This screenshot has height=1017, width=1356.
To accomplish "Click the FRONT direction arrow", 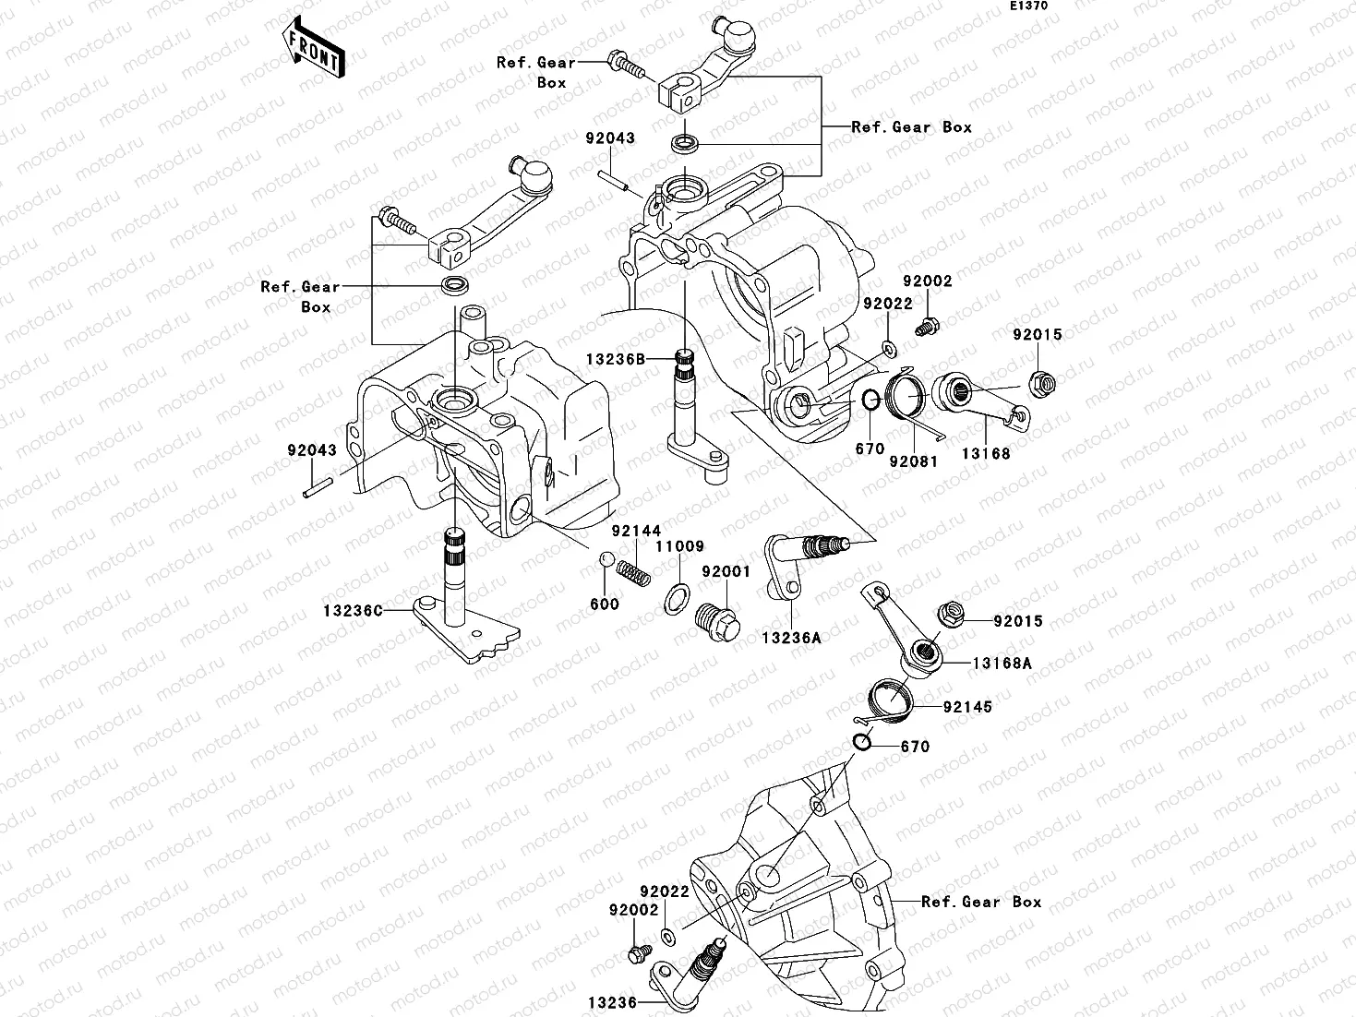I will pyautogui.click(x=314, y=52).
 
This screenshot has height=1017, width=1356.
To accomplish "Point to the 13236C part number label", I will pyautogui.click(x=353, y=611).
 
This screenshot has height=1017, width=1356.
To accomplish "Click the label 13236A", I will pyautogui.click(x=792, y=638).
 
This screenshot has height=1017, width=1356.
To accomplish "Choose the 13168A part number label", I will pyautogui.click(x=1001, y=664).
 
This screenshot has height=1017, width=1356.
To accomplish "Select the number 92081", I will pyautogui.click(x=913, y=461).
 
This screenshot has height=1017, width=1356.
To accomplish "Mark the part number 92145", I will pyautogui.click(x=967, y=707).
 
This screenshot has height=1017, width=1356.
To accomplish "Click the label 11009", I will pyautogui.click(x=679, y=546).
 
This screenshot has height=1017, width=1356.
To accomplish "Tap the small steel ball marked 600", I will pyautogui.click(x=606, y=559).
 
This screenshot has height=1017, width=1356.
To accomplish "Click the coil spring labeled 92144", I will pyautogui.click(x=633, y=574).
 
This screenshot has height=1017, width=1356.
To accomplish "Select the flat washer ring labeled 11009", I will pyautogui.click(x=678, y=598).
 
